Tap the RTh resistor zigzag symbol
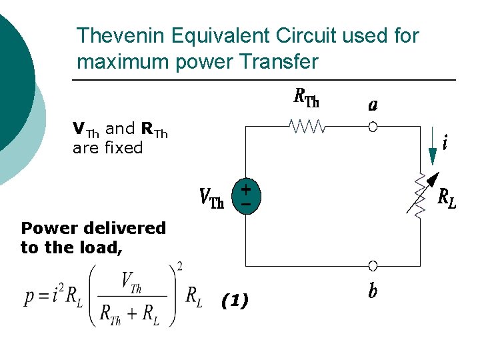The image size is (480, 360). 307,126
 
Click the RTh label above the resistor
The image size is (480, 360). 306,99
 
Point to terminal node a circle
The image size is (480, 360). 373,127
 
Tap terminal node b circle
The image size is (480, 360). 373,265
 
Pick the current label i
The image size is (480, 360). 445,141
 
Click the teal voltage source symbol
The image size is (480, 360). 245,195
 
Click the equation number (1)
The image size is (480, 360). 235,301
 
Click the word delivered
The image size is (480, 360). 126,228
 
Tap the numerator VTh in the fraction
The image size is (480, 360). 131,282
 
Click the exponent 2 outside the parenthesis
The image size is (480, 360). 180,267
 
